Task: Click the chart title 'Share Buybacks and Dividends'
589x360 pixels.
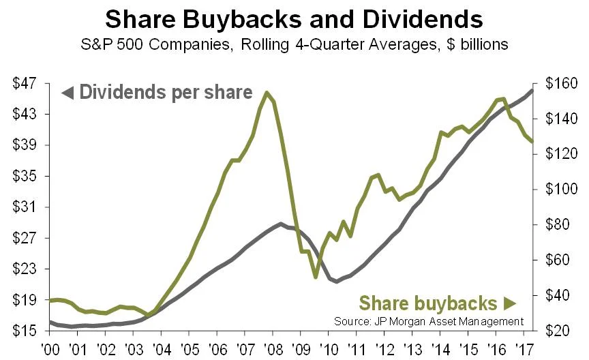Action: [x=294, y=18]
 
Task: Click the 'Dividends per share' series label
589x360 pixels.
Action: [x=166, y=92]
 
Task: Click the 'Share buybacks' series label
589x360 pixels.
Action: [x=427, y=303]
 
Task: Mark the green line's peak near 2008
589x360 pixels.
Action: [x=266, y=93]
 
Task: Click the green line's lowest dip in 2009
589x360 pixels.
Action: [x=315, y=277]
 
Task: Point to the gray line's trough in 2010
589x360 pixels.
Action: [x=336, y=281]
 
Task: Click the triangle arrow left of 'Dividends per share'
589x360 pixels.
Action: [x=67, y=92]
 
